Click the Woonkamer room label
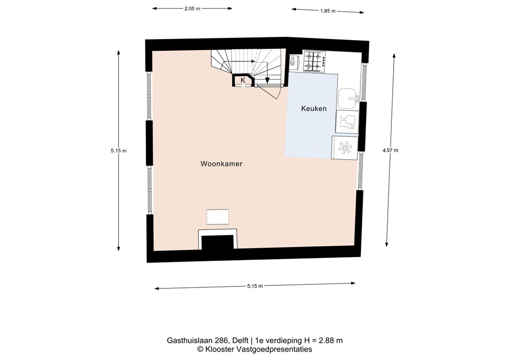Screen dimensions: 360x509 pos(221,164)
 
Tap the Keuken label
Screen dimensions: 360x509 pos(314,108)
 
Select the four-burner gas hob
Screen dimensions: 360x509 pos(315,62)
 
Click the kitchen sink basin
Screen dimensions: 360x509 pos(347,99)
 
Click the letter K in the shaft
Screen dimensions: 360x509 pos(243,80)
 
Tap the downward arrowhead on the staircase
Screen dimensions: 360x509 pos(267,81)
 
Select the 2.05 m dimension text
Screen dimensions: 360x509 pos(192,8)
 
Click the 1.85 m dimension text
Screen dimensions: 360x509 pos(328,10)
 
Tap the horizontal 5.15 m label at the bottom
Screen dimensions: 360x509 pos(254,286)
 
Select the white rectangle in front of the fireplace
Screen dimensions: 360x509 pos(218,217)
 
